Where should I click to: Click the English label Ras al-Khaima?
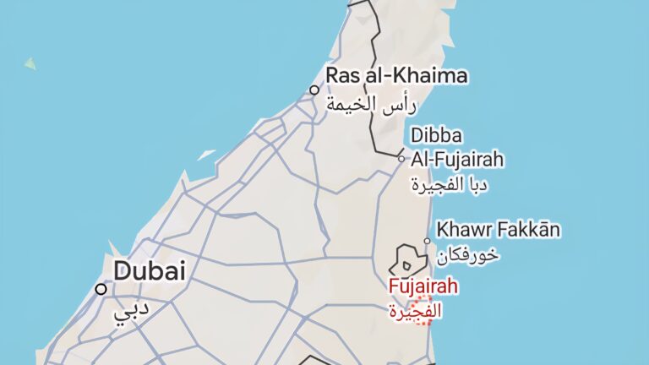pyautogui.click(x=396, y=77)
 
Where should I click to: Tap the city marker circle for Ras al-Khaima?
pyautogui.click(x=314, y=90)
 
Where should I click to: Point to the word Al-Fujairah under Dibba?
pyautogui.click(x=457, y=159)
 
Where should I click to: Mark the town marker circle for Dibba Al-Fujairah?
pyautogui.click(x=401, y=157)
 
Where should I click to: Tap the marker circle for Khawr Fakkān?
pyautogui.click(x=427, y=241)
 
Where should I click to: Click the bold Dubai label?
pyautogui.click(x=149, y=271)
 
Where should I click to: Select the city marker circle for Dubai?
pyautogui.click(x=101, y=289)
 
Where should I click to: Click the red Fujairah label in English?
pyautogui.click(x=423, y=286)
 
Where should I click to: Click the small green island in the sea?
pyautogui.click(x=30, y=63)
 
